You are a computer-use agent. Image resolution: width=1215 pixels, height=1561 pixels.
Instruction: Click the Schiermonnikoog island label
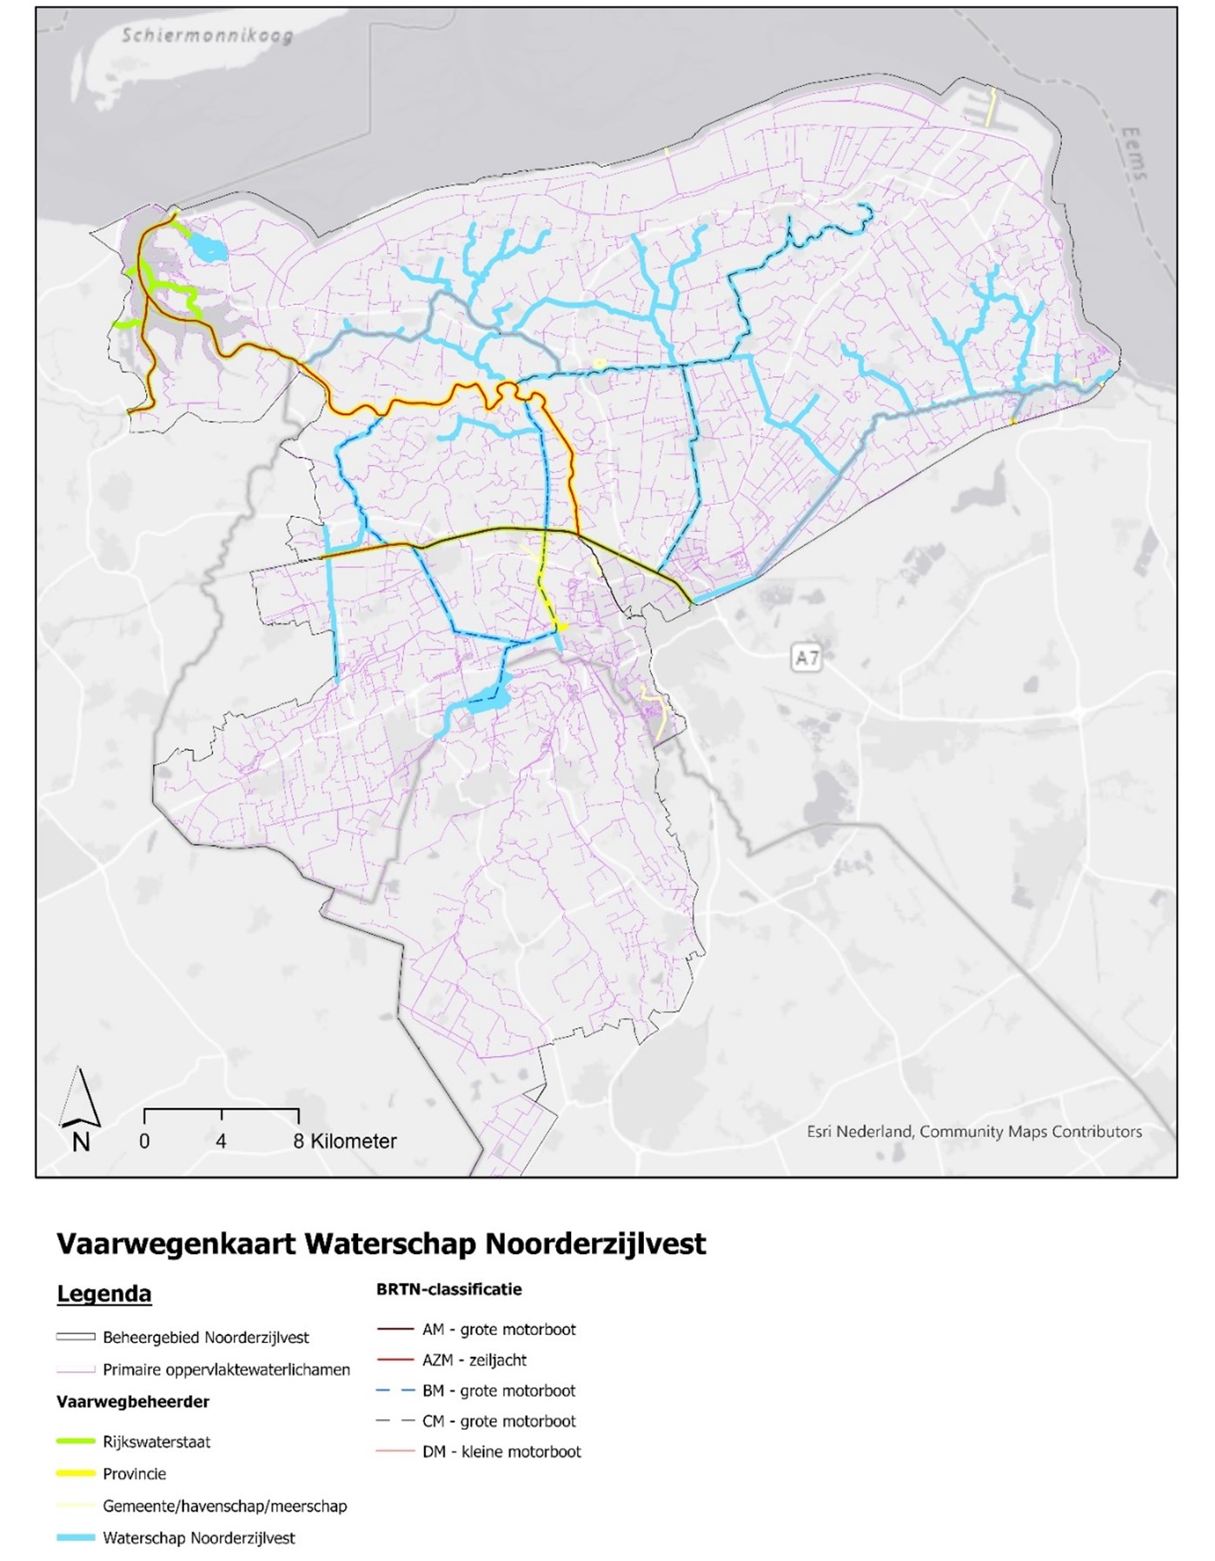(207, 36)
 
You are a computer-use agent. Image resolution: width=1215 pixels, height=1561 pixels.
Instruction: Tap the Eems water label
(1133, 155)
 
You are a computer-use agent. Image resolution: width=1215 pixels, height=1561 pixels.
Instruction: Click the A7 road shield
(807, 658)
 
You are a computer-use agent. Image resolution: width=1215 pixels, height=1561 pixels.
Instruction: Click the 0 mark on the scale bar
(144, 1141)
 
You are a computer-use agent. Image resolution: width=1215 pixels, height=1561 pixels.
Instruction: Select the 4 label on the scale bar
(222, 1141)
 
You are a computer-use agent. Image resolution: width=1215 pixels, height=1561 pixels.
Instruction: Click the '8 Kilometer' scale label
(345, 1141)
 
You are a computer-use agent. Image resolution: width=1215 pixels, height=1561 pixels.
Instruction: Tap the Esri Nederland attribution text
(973, 1132)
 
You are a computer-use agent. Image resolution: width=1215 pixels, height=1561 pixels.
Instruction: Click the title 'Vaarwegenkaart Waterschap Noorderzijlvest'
(381, 1244)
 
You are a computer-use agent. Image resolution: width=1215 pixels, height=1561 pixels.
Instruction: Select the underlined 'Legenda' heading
(103, 1293)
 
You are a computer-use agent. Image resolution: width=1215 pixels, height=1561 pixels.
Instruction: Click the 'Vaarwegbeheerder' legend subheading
(133, 1401)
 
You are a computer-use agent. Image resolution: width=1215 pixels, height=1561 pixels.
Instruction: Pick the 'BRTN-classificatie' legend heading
(448, 1289)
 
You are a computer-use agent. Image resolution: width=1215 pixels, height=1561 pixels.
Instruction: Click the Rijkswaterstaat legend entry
(156, 1442)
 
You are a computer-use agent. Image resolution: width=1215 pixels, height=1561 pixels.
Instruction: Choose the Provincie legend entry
(134, 1473)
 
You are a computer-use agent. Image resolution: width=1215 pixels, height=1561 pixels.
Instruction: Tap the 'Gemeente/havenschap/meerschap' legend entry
(224, 1505)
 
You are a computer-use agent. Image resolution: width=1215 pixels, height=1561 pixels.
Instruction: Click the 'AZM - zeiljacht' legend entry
(475, 1359)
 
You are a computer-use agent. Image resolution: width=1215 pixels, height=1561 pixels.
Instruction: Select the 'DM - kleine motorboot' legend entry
(501, 1451)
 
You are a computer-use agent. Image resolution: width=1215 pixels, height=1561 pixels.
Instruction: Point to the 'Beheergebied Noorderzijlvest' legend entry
(205, 1337)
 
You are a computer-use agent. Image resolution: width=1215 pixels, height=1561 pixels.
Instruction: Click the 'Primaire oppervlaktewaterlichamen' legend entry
(226, 1370)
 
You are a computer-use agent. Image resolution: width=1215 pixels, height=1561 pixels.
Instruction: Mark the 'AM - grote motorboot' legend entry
(499, 1329)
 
